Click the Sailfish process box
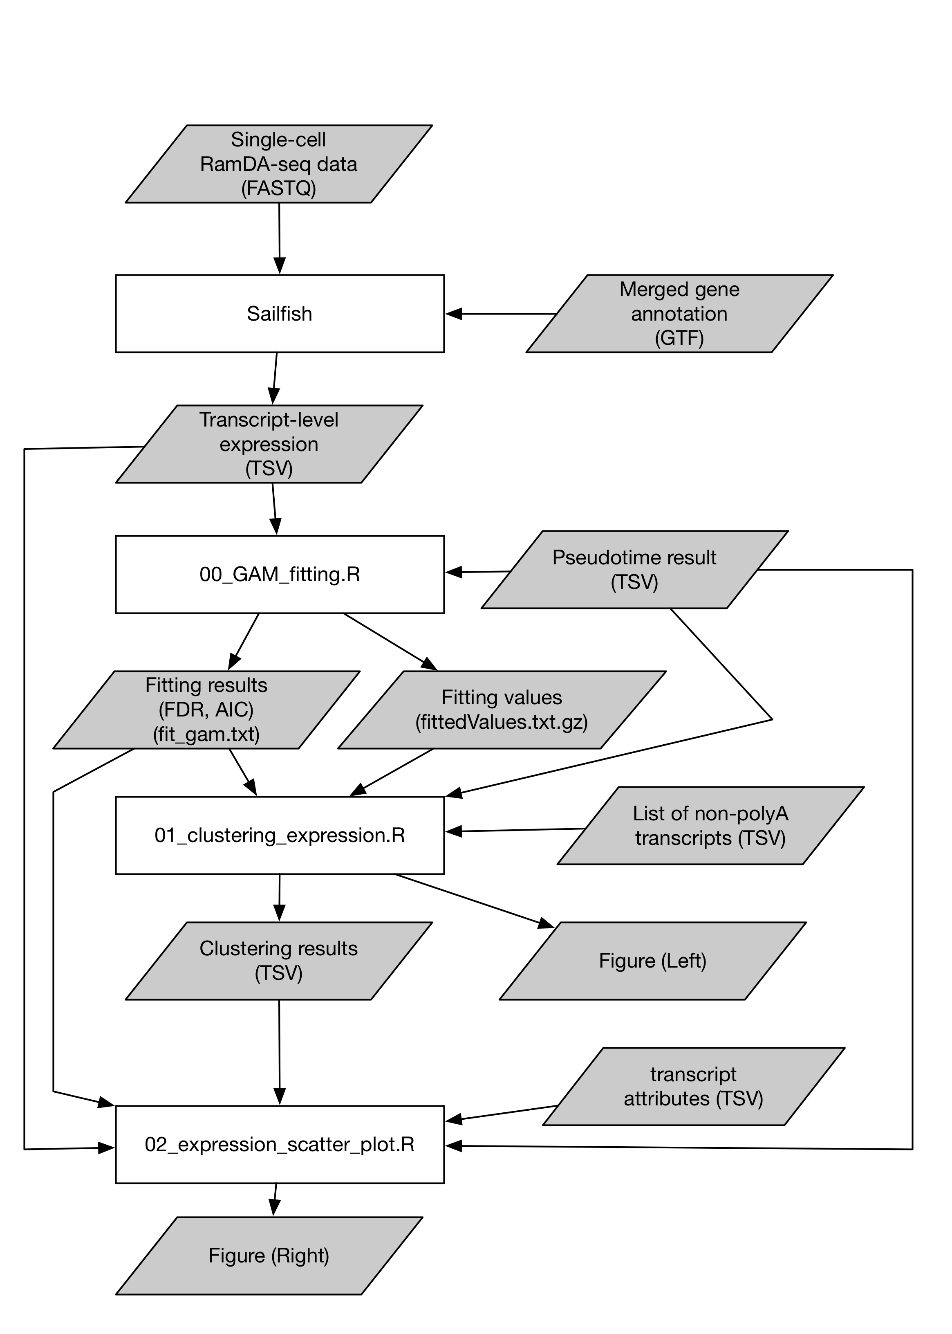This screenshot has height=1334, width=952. click(280, 314)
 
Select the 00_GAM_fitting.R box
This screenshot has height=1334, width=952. click(280, 574)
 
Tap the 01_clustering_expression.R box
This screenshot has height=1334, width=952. click(280, 835)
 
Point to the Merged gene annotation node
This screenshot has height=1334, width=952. click(679, 314)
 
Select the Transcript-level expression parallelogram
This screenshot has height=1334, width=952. click(269, 444)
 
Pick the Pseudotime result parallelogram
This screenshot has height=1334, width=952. click(634, 569)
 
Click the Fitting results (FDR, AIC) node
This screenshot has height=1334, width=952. click(206, 710)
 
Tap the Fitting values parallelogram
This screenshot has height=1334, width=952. click(502, 710)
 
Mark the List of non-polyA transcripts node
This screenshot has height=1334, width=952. click(710, 826)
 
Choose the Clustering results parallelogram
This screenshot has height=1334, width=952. click(278, 961)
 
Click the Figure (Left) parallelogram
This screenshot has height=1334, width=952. click(652, 961)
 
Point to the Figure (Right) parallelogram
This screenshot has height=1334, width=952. click(269, 1255)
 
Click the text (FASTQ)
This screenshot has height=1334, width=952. click(278, 188)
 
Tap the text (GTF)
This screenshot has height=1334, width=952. click(679, 338)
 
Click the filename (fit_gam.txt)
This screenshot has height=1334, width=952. click(206, 734)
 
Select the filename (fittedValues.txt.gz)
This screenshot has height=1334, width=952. click(502, 722)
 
